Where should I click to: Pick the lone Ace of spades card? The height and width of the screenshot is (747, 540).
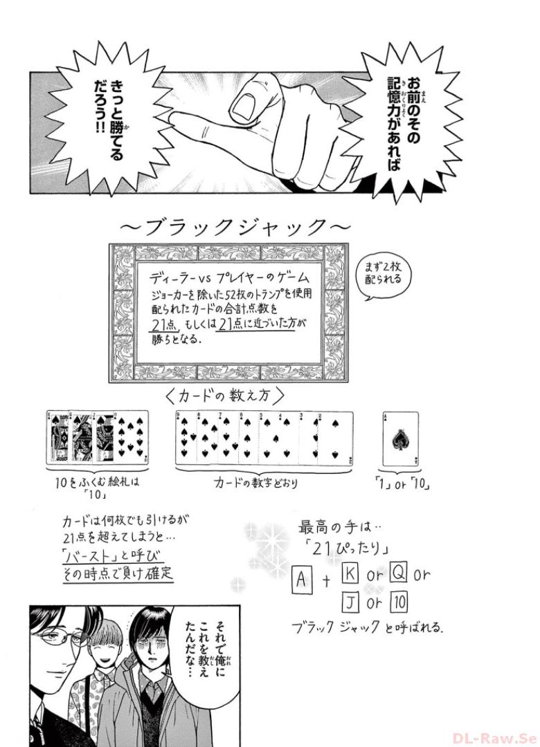coord(401,439)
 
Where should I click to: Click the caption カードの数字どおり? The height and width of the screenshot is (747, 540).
coord(255,483)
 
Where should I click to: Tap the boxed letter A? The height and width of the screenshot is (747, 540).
coord(301,580)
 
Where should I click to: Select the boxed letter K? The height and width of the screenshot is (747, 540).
coord(350,574)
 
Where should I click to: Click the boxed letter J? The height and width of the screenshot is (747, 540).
coord(350,602)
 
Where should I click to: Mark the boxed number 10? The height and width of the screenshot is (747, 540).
coord(399,602)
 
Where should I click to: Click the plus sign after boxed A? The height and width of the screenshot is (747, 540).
coord(327,581)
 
